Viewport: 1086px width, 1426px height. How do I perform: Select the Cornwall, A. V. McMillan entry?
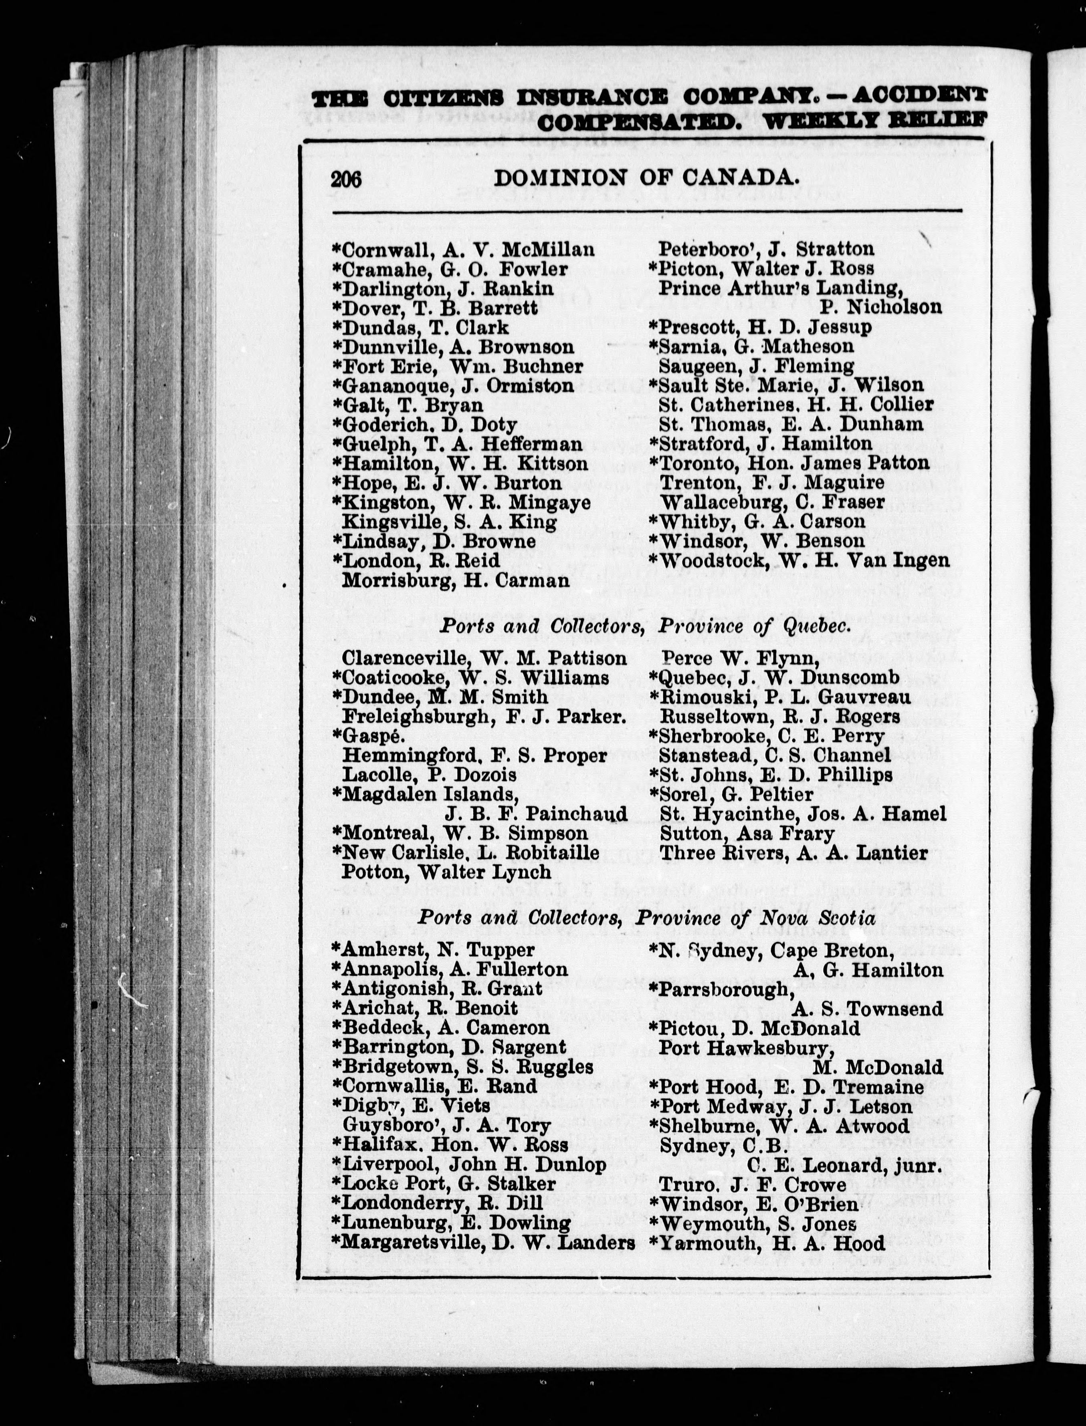pos(463,250)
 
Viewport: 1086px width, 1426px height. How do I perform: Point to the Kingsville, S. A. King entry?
pos(448,522)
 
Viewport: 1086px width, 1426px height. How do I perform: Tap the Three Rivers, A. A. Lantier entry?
pos(793,853)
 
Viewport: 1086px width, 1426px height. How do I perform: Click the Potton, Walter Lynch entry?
pos(446,872)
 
